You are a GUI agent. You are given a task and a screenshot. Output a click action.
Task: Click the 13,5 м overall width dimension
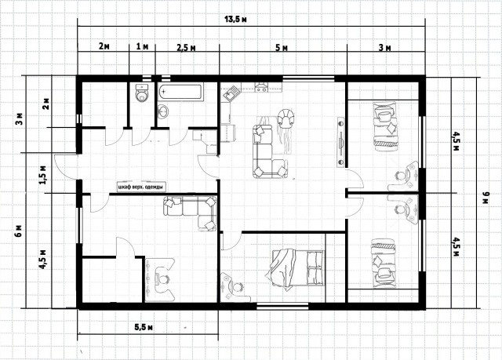pos(235,20)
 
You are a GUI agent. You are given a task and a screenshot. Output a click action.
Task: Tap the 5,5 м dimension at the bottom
pos(143,327)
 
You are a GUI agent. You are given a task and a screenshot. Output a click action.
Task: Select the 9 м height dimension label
pos(486,198)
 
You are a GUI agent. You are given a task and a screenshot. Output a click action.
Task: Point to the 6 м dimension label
pos(19,231)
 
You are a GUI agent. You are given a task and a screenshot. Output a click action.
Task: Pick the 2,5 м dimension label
pos(186,48)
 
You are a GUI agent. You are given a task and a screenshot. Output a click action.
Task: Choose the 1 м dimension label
pos(142,47)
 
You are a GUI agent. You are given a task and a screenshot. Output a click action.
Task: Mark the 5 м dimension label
pos(282,48)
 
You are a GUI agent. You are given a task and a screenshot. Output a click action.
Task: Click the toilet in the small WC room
pos(142,93)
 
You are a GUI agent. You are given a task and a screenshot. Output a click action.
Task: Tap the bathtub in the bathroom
pos(180,93)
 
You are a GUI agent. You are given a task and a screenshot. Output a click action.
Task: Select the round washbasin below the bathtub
pos(164,111)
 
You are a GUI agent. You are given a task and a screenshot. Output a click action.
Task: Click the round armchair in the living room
pos(286,118)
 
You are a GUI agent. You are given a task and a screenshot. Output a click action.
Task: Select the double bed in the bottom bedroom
pos(295,269)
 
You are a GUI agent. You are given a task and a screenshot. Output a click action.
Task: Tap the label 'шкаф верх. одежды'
pos(142,187)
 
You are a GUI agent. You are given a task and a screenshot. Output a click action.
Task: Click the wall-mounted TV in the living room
pos(340,142)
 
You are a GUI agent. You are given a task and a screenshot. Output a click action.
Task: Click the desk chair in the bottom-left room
pos(162,279)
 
